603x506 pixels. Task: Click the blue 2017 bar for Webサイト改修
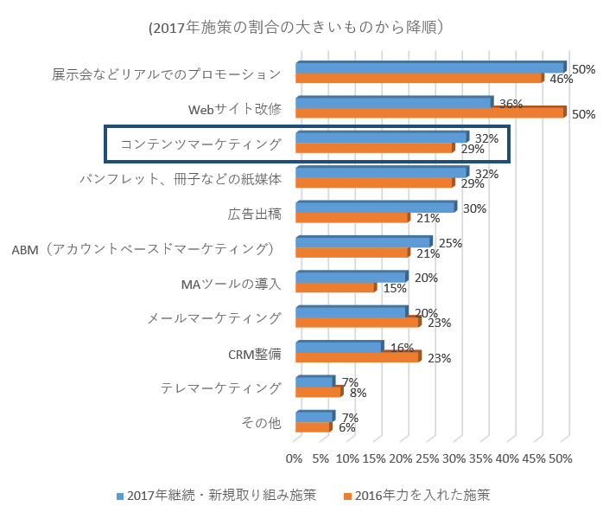coord(394,102)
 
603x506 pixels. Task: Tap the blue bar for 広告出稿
coord(375,207)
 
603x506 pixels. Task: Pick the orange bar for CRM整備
coord(357,355)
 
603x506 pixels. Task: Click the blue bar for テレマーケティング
coord(314,381)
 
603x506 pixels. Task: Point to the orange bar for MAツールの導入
coord(335,286)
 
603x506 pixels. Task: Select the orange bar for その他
coord(313,426)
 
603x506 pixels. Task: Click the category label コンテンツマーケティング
coord(200,144)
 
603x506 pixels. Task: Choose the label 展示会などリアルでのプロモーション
coord(167,74)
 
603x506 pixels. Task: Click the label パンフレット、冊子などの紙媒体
coord(181,179)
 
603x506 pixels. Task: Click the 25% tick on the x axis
coord(428,458)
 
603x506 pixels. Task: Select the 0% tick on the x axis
coord(295,458)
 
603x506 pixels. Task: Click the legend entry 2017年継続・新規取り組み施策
coord(216,495)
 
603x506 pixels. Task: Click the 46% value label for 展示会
coord(562,80)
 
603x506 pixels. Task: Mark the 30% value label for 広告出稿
coord(474,208)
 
